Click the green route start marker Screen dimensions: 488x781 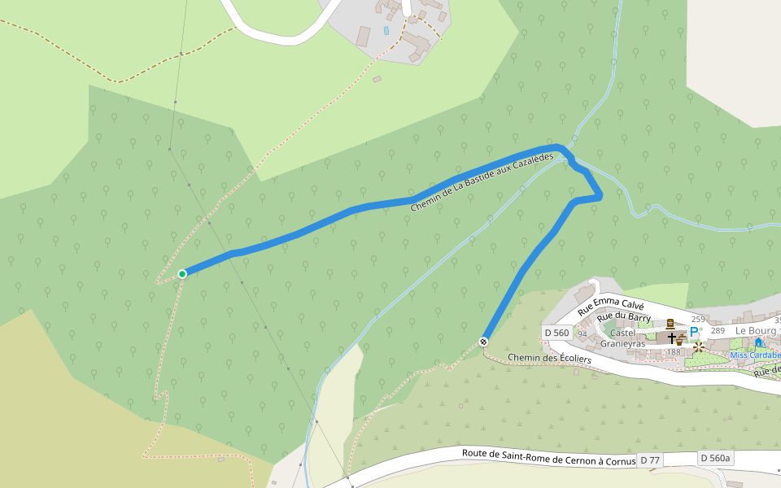[x=182, y=273]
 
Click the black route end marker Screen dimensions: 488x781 [x=484, y=341]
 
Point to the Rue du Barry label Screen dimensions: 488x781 [x=623, y=317]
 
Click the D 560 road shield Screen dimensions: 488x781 [x=557, y=333]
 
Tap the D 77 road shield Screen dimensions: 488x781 [x=650, y=460]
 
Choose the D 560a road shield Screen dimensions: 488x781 [x=716, y=459]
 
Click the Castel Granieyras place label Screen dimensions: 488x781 [x=622, y=338]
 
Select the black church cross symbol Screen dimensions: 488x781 [x=671, y=338]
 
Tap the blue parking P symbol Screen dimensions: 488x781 [x=694, y=332]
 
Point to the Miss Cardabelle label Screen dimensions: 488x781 [x=755, y=355]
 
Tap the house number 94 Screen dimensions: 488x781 [x=582, y=333]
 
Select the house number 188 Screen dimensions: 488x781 [x=674, y=352]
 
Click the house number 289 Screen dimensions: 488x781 [x=717, y=331]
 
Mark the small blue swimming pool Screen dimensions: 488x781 [x=386, y=30]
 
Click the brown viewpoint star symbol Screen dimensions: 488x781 [x=698, y=346]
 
